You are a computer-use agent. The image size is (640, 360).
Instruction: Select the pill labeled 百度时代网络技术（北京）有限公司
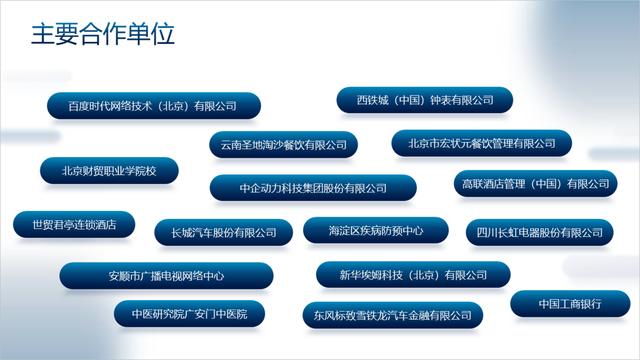[152, 106]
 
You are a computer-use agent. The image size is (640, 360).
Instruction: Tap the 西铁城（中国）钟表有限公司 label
[425, 100]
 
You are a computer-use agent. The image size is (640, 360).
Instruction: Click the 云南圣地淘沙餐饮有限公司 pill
[283, 145]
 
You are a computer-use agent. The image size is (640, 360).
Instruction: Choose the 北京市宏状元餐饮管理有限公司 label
[482, 144]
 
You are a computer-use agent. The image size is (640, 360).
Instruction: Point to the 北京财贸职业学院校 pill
[109, 170]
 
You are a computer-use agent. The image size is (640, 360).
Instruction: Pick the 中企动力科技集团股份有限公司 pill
[313, 188]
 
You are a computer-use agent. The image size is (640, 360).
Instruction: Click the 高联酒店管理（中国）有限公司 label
[534, 184]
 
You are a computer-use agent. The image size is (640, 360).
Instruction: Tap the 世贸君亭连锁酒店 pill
[74, 224]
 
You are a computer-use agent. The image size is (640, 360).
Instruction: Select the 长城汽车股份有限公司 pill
[223, 233]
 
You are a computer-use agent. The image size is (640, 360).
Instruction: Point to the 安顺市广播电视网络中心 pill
[165, 276]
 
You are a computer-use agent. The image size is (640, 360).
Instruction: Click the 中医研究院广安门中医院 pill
[189, 314]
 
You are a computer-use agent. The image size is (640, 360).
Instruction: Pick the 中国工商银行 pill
[569, 304]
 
